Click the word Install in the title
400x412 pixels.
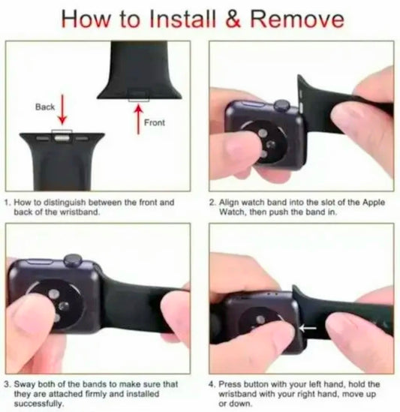click(182, 19)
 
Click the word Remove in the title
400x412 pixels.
click(296, 19)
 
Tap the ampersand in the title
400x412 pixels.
click(233, 19)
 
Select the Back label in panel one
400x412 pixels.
click(45, 107)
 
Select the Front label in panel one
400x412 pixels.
click(155, 122)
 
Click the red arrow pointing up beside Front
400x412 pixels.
click(139, 119)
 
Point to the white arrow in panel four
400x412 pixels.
click(308, 328)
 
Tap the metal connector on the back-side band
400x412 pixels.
click(62, 137)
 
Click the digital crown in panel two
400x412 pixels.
click(282, 105)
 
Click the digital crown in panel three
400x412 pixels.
click(73, 260)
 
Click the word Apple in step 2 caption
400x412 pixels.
click(374, 203)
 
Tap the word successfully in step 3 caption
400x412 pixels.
click(39, 404)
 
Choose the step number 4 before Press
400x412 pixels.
click(212, 384)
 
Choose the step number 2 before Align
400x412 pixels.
click(212, 203)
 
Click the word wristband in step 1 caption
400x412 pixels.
click(80, 212)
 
